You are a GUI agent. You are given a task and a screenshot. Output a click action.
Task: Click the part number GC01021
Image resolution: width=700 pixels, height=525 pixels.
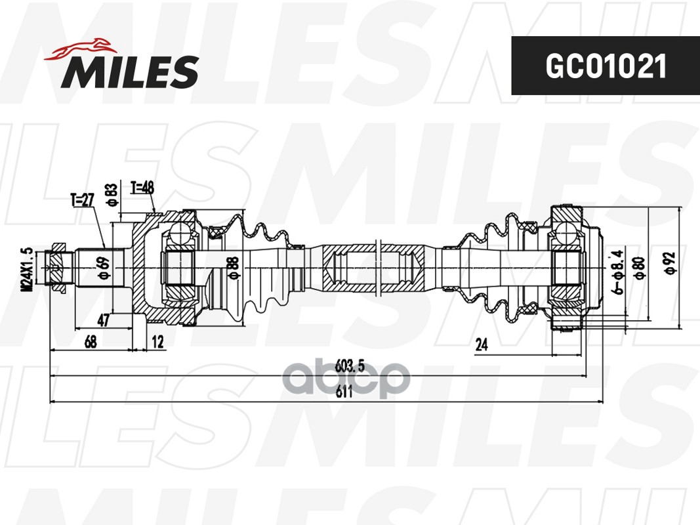pos(605,66)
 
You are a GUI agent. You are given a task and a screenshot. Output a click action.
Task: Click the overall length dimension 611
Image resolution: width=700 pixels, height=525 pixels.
pos(344,393)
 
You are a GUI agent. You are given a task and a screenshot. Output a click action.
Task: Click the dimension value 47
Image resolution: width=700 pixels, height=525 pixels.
pos(103,320)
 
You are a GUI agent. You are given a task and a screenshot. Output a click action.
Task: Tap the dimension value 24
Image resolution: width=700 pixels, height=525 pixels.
pos(482,345)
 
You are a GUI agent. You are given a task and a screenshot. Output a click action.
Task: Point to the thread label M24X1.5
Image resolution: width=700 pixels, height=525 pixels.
pos(27,270)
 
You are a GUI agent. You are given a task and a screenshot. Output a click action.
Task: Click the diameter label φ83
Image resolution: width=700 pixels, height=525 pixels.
pos(112,195)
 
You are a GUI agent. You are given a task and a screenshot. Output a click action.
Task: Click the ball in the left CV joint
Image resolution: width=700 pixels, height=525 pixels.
pos(179,233)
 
